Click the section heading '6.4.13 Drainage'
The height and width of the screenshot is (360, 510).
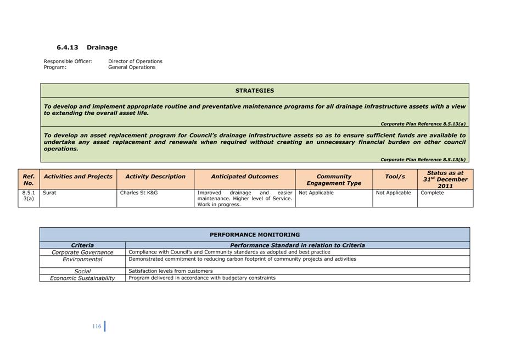87,48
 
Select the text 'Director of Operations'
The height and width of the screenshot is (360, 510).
135,61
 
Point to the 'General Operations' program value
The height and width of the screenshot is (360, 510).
132,67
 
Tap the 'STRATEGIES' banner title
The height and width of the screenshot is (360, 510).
255,91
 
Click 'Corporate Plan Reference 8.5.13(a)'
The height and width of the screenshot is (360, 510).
423,124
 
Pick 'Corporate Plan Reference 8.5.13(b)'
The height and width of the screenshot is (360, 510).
423,160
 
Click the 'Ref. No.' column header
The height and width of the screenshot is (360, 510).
29,179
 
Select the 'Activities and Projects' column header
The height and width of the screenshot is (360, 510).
78,177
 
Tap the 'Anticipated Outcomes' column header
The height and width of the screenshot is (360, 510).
244,177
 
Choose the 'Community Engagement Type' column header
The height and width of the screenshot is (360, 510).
334,179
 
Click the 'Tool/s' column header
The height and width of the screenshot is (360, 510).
395,177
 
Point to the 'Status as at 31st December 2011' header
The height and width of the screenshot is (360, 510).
445,179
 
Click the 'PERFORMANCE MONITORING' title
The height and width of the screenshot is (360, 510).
255,235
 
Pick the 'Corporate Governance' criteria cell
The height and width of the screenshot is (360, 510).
82,252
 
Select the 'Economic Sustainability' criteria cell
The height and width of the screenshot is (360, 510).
82,278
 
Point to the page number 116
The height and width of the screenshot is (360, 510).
97,327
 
